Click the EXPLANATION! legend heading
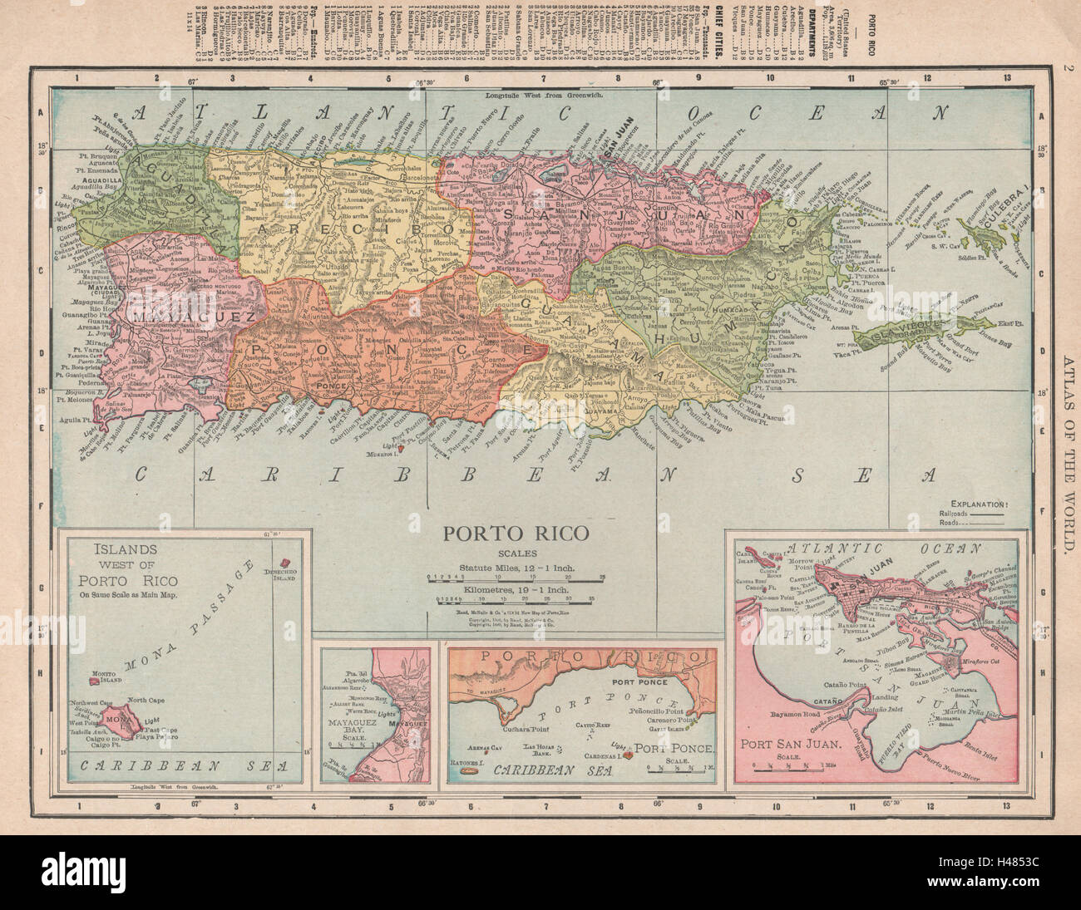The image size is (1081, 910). [995, 504]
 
